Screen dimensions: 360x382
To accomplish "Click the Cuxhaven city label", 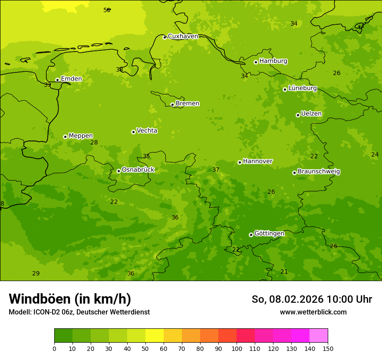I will [x=183, y=36].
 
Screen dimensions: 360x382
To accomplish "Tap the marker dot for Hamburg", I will [x=256, y=62].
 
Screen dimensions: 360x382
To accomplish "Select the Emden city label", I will [x=71, y=79].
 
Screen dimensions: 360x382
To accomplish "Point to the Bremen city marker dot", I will [x=172, y=105].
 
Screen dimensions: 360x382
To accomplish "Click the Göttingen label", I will [x=269, y=234].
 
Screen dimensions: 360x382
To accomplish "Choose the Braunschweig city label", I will [x=319, y=172].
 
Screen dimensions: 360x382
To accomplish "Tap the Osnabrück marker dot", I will [x=119, y=171].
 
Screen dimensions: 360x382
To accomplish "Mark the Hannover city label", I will [x=257, y=161].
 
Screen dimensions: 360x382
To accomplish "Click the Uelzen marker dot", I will [x=298, y=115].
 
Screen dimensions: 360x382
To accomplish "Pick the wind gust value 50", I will [x=107, y=10].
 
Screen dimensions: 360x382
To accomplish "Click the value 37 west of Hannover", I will [x=216, y=170].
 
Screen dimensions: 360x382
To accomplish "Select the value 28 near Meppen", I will [x=94, y=142].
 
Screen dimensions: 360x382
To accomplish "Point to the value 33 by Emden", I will [x=47, y=85].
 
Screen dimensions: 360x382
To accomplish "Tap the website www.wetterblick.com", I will [x=313, y=312].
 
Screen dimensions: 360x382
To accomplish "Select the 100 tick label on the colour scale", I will [x=237, y=348].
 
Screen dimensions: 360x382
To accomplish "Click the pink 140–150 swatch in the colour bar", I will [x=319, y=336].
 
